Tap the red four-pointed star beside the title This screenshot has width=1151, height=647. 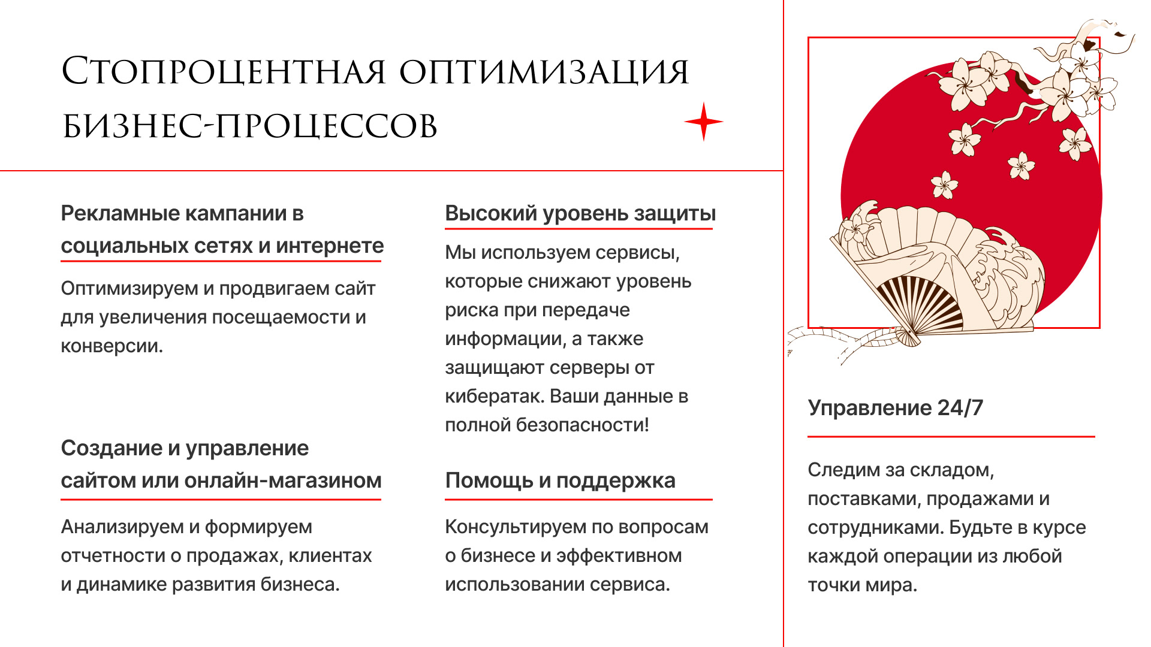pyautogui.click(x=704, y=122)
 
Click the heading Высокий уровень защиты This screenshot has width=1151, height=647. pyautogui.click(x=580, y=213)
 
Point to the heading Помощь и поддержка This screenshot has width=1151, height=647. pyautogui.click(x=560, y=480)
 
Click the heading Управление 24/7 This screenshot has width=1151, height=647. pyautogui.click(x=895, y=407)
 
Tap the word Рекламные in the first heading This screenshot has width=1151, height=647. pyautogui.click(x=120, y=213)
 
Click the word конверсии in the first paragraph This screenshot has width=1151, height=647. pyautogui.click(x=112, y=346)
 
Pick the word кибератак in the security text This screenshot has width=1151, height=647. pyautogui.click(x=495, y=397)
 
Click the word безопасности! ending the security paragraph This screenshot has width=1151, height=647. pyautogui.click(x=582, y=425)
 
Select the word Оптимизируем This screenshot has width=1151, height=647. pyautogui.click(x=129, y=289)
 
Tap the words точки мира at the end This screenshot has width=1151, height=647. pyautogui.click(x=862, y=585)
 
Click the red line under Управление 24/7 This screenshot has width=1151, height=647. pyautogui.click(x=951, y=437)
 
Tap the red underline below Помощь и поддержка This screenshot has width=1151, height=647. pyautogui.click(x=578, y=498)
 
